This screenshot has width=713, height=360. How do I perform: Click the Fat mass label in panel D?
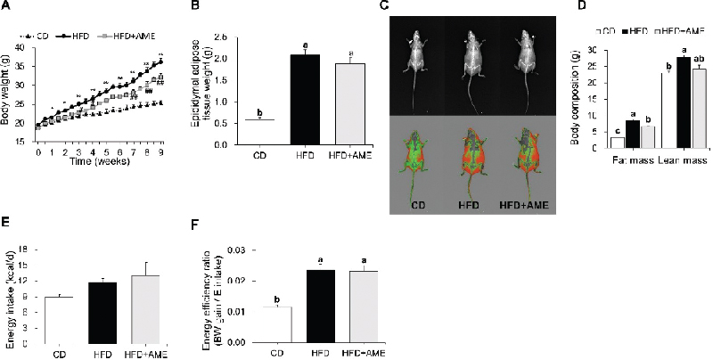(602, 165)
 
